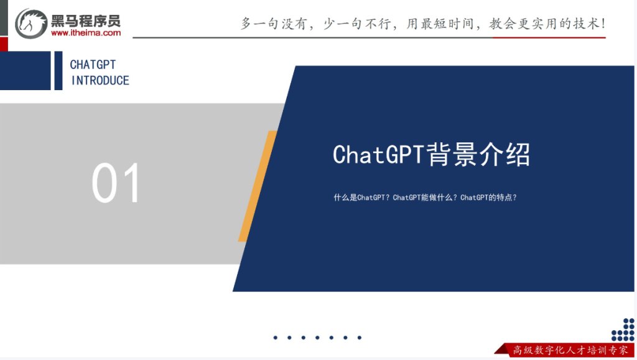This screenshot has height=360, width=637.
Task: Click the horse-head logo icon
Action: (31, 23)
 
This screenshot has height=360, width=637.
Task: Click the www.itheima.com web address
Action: (86, 33)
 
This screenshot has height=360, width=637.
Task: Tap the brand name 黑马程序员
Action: (86, 19)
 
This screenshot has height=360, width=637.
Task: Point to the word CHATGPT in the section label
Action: (93, 65)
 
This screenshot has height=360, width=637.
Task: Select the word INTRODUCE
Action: (100, 80)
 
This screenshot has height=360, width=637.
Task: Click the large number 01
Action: (117, 183)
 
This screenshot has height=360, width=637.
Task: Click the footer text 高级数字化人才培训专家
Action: (570, 350)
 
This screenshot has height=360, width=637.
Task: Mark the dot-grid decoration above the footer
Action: (623, 330)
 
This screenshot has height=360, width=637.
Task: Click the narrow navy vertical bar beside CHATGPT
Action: (58, 70)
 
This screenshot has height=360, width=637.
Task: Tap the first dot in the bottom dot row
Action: (275, 338)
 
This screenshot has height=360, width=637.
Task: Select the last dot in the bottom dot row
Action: (360, 338)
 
